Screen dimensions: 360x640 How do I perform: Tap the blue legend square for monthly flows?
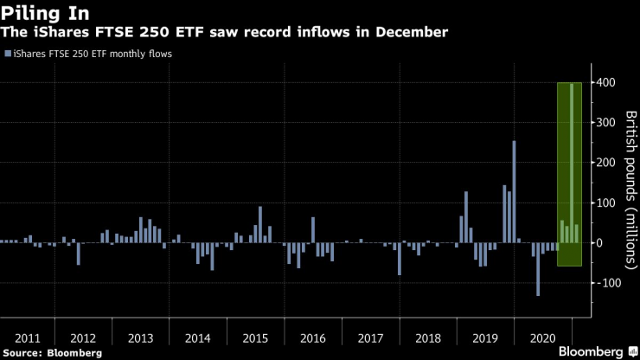(8, 54)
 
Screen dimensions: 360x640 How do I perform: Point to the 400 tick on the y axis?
(605, 83)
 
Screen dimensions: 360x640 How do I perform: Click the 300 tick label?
(605, 123)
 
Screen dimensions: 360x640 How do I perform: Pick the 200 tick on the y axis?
(605, 163)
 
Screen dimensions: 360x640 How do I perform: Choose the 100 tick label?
(605, 202)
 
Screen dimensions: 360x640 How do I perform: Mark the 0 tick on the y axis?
(600, 243)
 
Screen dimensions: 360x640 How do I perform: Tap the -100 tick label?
(604, 283)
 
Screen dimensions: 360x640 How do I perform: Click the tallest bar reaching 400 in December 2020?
(572, 163)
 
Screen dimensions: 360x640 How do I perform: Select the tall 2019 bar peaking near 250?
(514, 191)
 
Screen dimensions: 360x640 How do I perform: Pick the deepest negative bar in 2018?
(400, 259)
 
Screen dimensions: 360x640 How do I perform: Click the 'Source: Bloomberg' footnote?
(52, 353)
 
